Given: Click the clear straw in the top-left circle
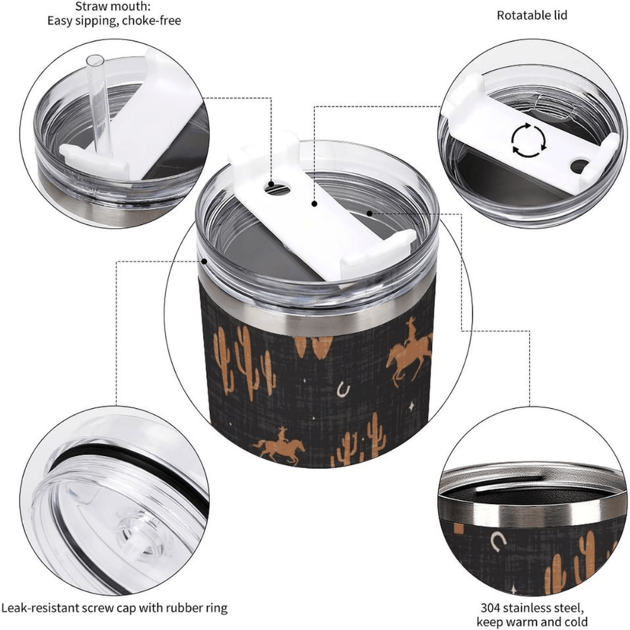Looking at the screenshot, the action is click(97, 105).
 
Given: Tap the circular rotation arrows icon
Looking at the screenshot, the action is click(529, 140).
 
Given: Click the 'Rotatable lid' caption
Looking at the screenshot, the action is click(532, 15).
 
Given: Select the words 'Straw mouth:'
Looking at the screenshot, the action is click(113, 6).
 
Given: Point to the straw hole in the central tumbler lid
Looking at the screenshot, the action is click(277, 187).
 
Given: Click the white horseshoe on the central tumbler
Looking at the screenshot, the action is click(343, 389).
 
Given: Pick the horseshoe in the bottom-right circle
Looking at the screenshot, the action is click(498, 541).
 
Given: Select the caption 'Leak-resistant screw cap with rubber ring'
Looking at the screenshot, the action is click(114, 608).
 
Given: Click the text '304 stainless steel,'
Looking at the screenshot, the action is click(532, 607).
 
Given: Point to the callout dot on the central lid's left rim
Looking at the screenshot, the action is click(205, 261).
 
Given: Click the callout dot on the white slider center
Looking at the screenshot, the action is click(314, 203).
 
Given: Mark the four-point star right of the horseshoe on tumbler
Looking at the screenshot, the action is click(411, 407).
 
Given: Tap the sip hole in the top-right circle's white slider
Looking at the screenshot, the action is click(579, 166).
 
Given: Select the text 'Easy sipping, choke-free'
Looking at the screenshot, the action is click(114, 21).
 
